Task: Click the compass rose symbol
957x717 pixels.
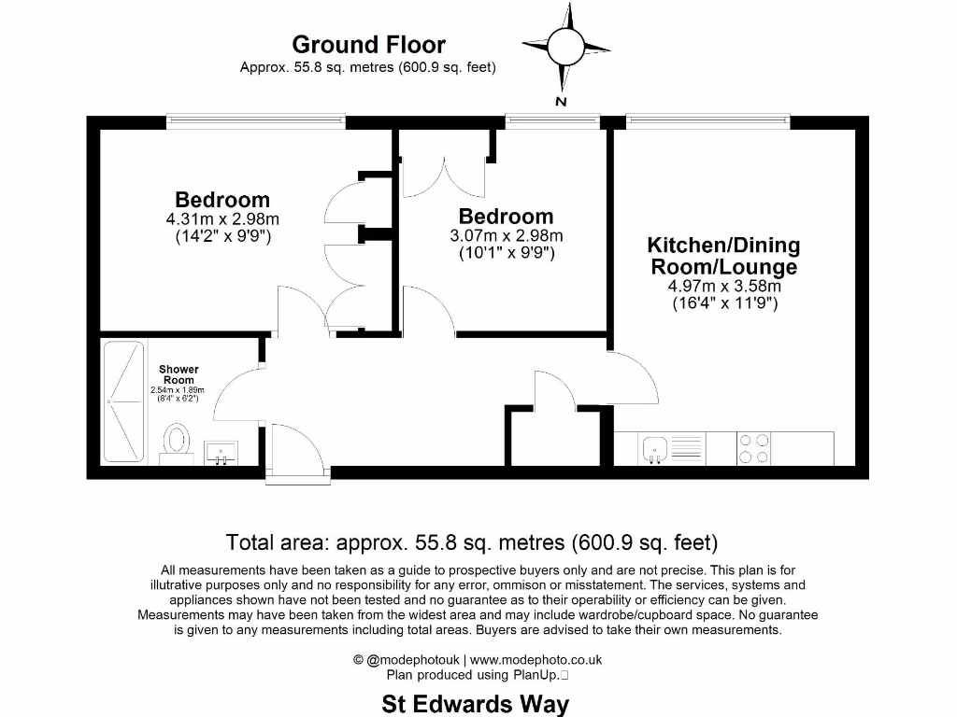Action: point(564,47)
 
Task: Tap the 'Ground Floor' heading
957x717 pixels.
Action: point(368,44)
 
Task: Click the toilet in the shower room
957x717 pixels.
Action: point(176,443)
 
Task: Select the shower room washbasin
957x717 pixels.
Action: point(221,454)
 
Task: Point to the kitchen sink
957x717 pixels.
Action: point(653,448)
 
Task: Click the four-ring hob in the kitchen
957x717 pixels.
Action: point(754,448)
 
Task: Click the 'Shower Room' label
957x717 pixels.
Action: point(179,374)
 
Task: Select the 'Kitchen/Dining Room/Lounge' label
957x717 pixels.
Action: point(724,257)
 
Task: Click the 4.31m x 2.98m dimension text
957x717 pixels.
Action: point(222,219)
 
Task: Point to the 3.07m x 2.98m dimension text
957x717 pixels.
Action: point(507,236)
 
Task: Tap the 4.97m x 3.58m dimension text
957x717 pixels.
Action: point(724,287)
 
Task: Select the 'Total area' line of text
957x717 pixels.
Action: point(472,542)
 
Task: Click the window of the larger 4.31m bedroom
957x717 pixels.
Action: point(255,121)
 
